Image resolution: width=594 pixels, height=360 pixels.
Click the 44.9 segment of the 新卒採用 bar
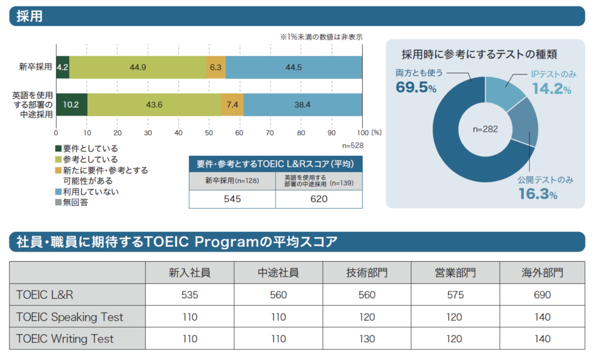point(138,67)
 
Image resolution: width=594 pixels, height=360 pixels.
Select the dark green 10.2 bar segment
point(71,104)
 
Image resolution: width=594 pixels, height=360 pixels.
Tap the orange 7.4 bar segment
point(232,104)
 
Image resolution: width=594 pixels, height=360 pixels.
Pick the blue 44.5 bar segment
point(294,67)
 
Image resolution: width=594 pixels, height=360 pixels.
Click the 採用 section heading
point(30,16)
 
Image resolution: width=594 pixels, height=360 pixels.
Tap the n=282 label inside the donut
point(485,129)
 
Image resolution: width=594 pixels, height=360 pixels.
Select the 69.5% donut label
point(416,87)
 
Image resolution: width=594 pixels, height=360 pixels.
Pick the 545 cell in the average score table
point(232,199)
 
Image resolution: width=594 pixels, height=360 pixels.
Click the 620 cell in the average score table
point(319,199)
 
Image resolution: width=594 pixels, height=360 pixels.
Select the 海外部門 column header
point(542,272)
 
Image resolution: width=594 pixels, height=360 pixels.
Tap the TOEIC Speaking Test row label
point(70,317)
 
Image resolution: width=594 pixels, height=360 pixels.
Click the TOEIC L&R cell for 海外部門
point(542,295)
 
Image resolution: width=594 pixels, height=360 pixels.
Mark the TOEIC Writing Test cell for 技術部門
point(367,339)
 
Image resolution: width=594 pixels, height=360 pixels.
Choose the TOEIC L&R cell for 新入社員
point(190,295)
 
